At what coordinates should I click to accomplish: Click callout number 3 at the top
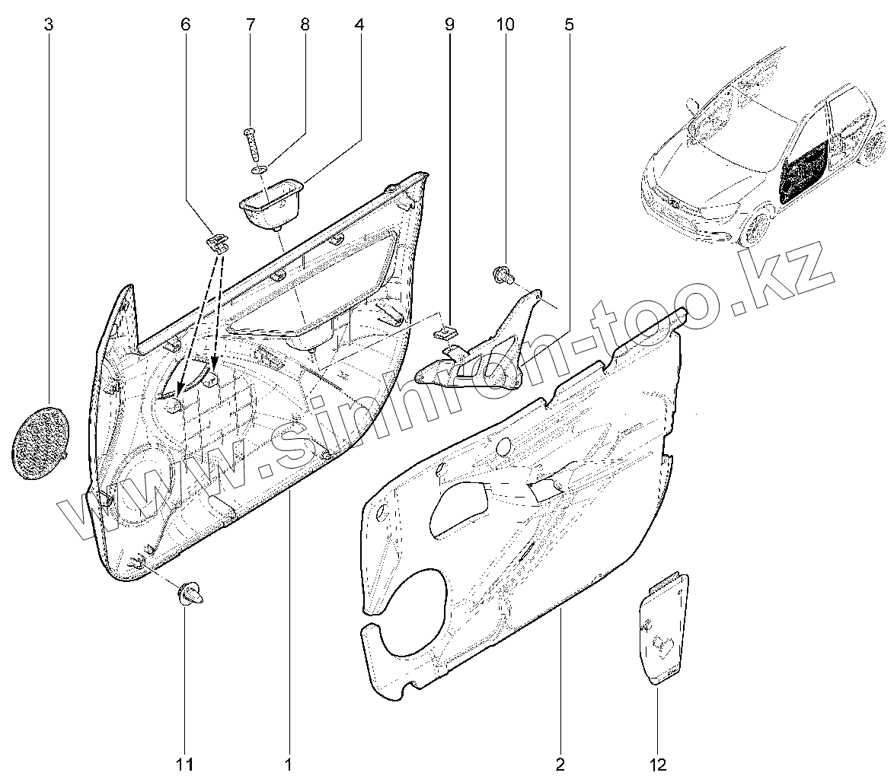[49, 25]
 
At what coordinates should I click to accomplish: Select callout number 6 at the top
[185, 25]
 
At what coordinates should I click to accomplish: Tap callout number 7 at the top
[251, 25]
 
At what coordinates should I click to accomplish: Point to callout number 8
[305, 25]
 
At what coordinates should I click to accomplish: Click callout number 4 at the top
[359, 25]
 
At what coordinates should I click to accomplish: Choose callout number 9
[449, 25]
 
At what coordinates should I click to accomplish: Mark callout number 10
[505, 25]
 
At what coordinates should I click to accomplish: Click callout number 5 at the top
[569, 25]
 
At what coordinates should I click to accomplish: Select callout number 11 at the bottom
[185, 763]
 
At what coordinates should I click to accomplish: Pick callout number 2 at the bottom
[560, 763]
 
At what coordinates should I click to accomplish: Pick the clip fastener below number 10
[503, 273]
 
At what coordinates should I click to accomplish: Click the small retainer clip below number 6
[216, 242]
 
